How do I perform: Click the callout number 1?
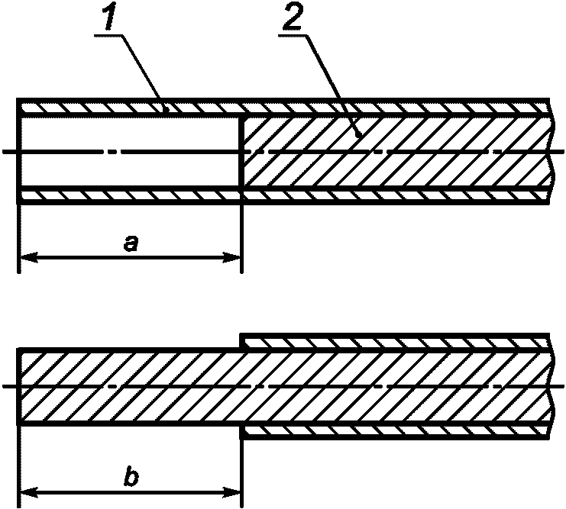click(108, 18)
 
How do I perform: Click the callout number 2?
click(293, 18)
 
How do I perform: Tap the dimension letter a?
click(131, 244)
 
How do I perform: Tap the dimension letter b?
click(131, 478)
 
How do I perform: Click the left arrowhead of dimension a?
click(29, 257)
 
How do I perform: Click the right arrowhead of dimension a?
click(231, 257)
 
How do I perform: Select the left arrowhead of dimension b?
click(29, 492)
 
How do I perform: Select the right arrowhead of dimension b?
click(231, 492)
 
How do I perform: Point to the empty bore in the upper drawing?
click(130, 152)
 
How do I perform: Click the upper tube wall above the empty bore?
click(130, 108)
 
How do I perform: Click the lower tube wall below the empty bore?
click(130, 195)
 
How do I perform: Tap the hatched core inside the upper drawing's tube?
click(397, 152)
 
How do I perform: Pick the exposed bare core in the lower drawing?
click(130, 387)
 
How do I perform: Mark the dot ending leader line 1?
click(167, 108)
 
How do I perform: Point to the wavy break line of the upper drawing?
click(551, 152)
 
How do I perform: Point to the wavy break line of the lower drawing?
click(551, 387)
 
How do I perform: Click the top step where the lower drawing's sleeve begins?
click(241, 342)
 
